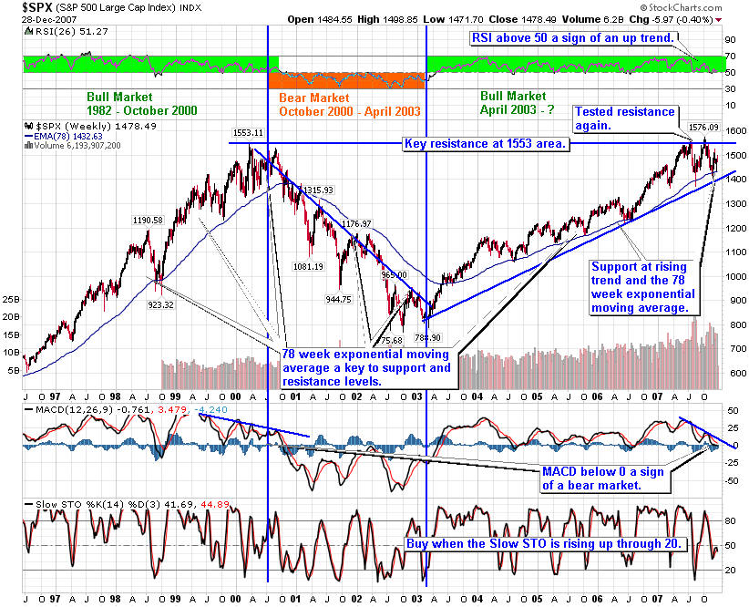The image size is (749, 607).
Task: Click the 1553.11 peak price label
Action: [248, 132]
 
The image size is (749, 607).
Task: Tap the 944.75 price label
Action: [338, 298]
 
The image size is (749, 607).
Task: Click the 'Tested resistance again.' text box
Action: [624, 118]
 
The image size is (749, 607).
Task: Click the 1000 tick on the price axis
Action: [734, 277]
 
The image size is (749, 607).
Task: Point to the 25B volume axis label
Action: [12, 299]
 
